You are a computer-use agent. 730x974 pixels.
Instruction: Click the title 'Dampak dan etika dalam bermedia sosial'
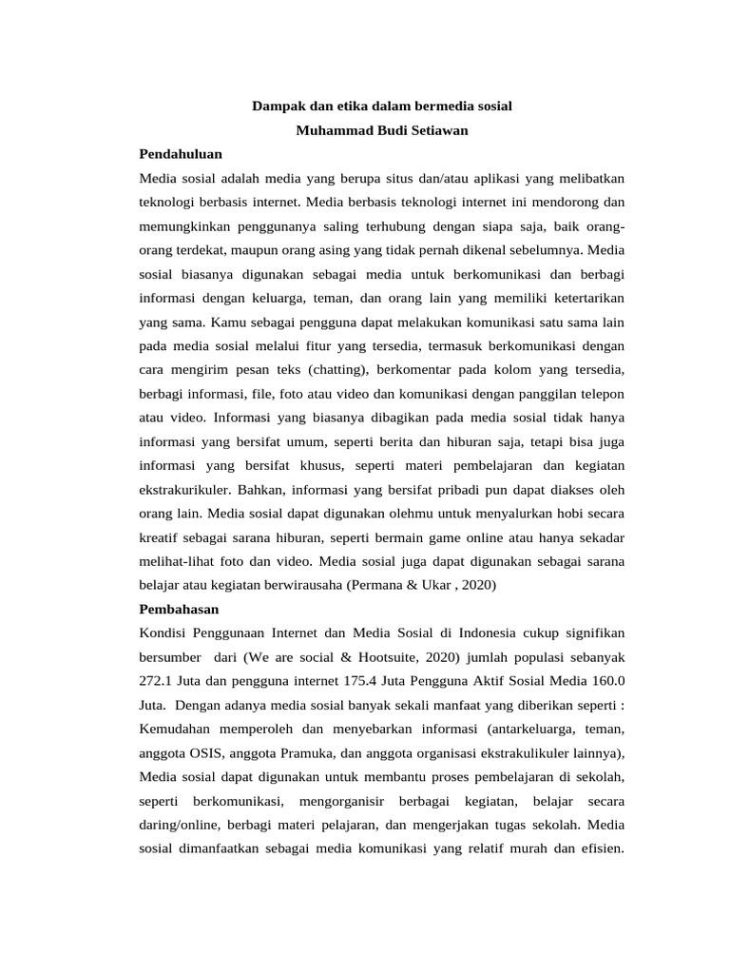click(x=382, y=107)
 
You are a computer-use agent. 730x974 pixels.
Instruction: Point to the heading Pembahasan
click(x=180, y=608)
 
